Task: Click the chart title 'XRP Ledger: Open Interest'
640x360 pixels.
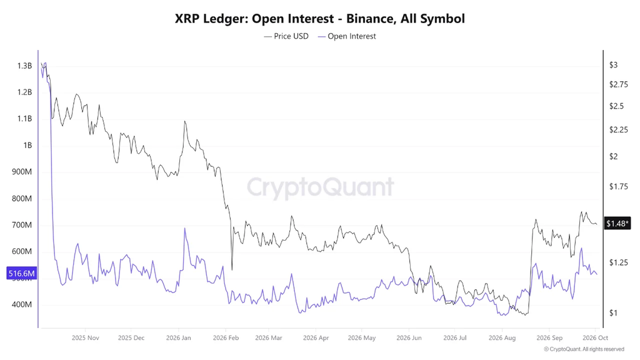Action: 254,19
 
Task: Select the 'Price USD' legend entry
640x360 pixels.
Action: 286,36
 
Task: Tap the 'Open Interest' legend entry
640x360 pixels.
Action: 347,36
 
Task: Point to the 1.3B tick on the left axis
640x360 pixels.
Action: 24,66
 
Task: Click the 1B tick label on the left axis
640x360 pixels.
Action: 27,145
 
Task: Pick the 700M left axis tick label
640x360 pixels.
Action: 22,225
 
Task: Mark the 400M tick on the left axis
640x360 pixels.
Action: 22,304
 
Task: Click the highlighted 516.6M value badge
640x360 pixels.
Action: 22,274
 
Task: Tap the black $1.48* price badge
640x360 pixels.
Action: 617,223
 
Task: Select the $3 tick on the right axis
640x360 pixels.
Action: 614,65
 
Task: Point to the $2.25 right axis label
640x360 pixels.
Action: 619,130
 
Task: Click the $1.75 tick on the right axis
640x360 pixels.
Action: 619,186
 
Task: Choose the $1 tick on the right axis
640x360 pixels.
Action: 614,313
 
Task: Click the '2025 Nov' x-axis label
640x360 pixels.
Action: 85,338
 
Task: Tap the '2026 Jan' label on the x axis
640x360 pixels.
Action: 178,338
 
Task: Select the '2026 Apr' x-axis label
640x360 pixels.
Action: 316,338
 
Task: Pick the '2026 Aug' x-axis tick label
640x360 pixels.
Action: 502,338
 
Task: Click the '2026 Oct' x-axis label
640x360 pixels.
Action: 596,338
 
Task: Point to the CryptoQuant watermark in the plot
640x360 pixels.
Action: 321,187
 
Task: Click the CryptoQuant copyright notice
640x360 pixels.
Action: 584,349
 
